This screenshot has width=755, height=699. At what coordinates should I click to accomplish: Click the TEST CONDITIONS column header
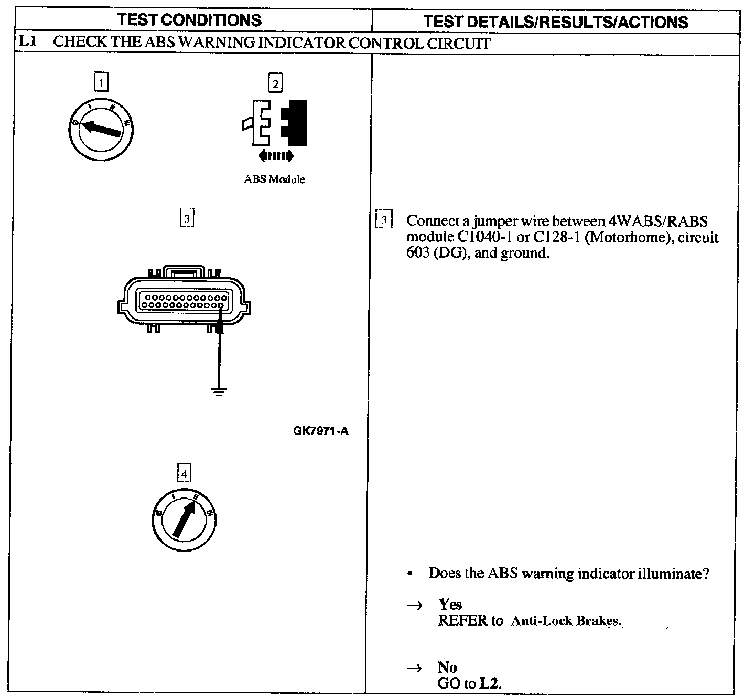coord(189,20)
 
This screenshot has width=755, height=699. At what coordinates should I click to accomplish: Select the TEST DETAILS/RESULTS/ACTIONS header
coord(555,22)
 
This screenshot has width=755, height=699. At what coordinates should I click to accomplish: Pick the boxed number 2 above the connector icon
coord(275,83)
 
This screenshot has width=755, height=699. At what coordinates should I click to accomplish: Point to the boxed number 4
coord(184,474)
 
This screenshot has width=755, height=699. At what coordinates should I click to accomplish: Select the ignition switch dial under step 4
coord(184,520)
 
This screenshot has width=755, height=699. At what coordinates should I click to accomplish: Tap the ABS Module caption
coord(274,179)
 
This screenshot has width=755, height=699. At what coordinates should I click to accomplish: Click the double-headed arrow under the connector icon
coord(276,155)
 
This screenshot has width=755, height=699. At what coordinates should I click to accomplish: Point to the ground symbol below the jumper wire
coord(220,391)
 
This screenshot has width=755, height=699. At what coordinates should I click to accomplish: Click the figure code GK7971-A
coord(321,432)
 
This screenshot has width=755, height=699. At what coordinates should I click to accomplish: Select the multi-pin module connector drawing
coord(184,301)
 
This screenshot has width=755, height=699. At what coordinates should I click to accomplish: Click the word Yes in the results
coord(450,605)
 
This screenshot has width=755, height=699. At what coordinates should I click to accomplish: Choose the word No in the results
coord(447,668)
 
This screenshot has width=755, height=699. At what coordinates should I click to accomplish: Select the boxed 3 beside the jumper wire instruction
coord(384,220)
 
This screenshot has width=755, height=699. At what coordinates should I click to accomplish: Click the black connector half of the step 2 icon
coord(295,123)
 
